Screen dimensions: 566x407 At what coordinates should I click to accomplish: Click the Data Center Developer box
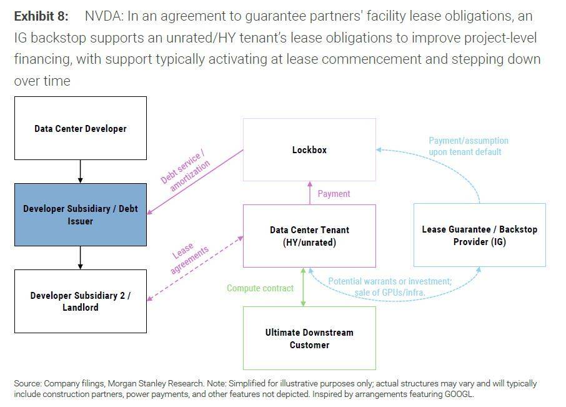pyautogui.click(x=81, y=128)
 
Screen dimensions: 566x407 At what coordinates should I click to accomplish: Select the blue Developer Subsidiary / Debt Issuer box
pyautogui.click(x=81, y=215)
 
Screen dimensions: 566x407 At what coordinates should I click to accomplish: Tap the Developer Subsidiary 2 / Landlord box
pyautogui.click(x=81, y=301)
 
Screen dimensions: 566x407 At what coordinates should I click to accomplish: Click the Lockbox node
pyautogui.click(x=309, y=149)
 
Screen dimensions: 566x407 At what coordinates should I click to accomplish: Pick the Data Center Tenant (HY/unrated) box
pyautogui.click(x=309, y=236)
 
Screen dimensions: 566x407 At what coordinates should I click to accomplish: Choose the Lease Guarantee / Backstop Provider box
pyautogui.click(x=479, y=235)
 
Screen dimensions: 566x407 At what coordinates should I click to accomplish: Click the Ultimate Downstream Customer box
pyautogui.click(x=309, y=338)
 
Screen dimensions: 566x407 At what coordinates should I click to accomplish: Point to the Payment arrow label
pyautogui.click(x=334, y=194)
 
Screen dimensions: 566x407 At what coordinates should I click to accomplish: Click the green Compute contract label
pyautogui.click(x=261, y=288)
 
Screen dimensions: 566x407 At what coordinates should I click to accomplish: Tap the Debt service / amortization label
pyautogui.click(x=185, y=169)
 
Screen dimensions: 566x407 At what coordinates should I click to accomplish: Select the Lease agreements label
pyautogui.click(x=189, y=258)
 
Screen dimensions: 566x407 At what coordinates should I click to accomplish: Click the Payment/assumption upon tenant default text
pyautogui.click(x=469, y=146)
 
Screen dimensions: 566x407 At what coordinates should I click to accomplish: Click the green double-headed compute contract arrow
pyautogui.click(x=303, y=287)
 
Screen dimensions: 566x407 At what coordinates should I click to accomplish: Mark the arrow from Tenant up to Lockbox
pyautogui.click(x=310, y=193)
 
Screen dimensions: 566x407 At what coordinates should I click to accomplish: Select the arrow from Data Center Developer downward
pyautogui.click(x=80, y=171)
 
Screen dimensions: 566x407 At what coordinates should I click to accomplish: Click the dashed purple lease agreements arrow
pyautogui.click(x=195, y=269)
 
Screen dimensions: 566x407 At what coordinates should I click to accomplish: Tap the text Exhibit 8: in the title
pyautogui.click(x=41, y=16)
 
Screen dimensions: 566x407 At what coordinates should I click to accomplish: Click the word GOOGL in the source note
pyautogui.click(x=459, y=394)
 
